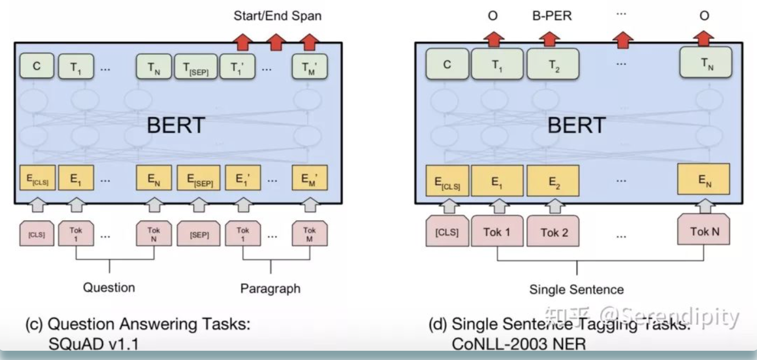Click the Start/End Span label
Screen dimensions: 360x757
pos(277,16)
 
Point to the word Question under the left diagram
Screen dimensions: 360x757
pos(109,287)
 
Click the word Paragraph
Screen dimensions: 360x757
pos(270,288)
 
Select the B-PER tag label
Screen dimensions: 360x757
pos(552,16)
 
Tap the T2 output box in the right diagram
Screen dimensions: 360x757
pos(553,65)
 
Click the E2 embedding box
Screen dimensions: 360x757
pos(553,179)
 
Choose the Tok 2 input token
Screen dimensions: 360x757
pos(553,233)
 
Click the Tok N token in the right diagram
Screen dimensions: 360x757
pos(704,232)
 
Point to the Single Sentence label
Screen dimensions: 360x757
pos(576,289)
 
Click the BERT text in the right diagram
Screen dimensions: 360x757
pos(577,124)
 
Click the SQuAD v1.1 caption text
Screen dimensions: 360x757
pos(94,344)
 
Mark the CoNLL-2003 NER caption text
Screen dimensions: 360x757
pos(519,344)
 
